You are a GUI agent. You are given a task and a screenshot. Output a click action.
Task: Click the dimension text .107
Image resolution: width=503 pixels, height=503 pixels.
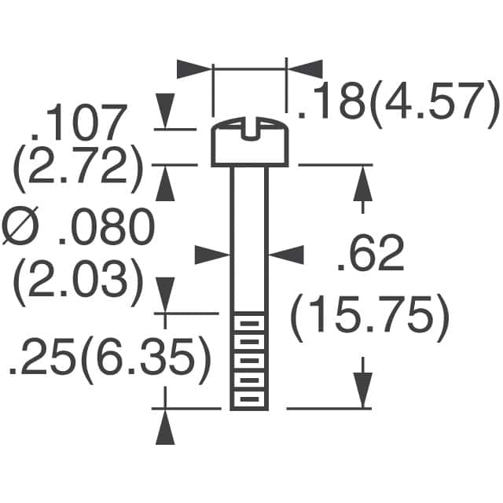(79, 123)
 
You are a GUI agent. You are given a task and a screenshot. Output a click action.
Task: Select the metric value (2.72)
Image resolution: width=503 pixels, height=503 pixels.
(79, 167)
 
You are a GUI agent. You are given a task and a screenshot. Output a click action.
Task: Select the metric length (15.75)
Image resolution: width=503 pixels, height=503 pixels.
(369, 316)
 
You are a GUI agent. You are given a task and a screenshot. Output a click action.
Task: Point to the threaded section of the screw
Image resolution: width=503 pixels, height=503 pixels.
(249, 362)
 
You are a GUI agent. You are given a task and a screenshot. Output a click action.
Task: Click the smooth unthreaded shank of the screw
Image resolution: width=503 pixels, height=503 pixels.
(249, 236)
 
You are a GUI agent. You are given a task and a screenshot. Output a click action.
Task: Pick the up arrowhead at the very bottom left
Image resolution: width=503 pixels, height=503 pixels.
(166, 428)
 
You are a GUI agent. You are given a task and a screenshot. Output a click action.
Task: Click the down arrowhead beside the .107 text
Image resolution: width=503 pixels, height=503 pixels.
(166, 110)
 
